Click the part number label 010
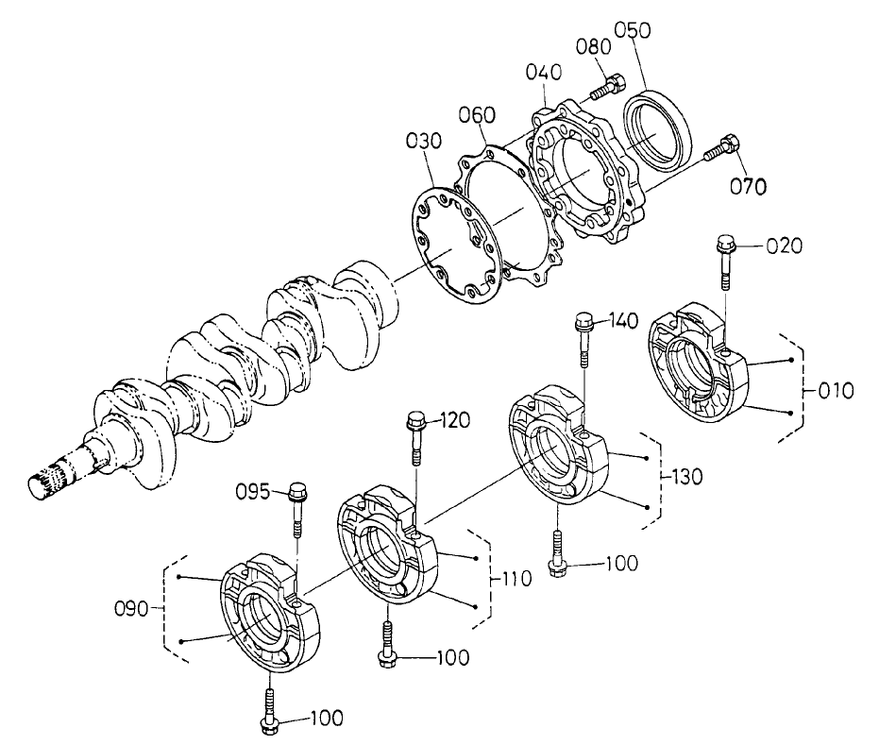point(836,389)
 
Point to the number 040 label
point(545,72)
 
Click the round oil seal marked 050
point(661,126)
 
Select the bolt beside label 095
point(296,509)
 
